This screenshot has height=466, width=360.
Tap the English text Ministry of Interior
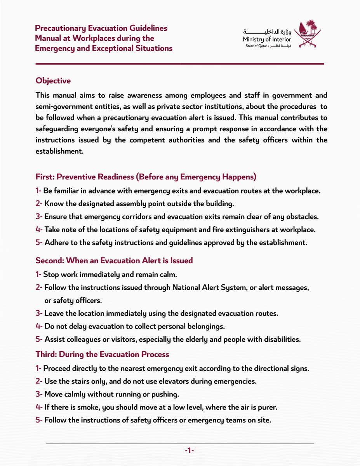[267, 40]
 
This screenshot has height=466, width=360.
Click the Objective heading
[53, 81]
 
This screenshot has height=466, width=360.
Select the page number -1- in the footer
[189, 450]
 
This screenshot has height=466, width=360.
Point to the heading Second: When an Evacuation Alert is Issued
[114, 260]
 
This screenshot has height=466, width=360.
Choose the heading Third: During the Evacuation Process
[103, 354]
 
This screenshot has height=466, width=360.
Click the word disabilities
[280, 339]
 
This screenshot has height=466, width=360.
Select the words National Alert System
[211, 288]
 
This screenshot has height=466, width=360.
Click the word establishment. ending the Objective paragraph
[60, 151]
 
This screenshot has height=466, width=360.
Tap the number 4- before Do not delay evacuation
[39, 326]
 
